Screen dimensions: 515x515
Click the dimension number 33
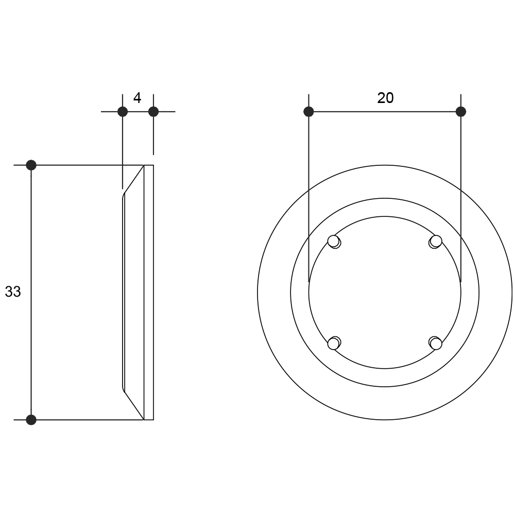click(x=13, y=291)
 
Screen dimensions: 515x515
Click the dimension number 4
click(x=138, y=98)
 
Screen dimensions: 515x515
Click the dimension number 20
click(x=385, y=98)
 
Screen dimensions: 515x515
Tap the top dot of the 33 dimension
click(x=31, y=165)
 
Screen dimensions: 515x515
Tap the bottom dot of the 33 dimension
click(x=31, y=420)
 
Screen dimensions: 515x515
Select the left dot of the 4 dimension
click(x=123, y=112)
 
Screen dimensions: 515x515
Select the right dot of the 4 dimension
click(x=153, y=112)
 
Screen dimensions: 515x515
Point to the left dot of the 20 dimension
click(x=308, y=112)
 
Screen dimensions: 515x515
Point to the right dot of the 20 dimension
click(x=461, y=112)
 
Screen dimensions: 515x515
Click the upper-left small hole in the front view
click(x=334, y=242)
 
